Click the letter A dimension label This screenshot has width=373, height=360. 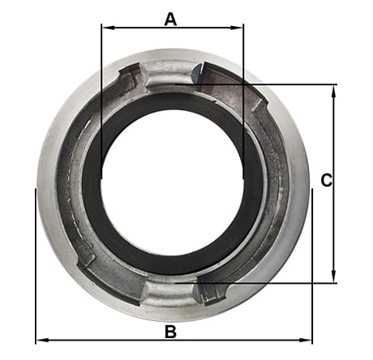pos(170,19)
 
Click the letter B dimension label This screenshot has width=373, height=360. pos(170,332)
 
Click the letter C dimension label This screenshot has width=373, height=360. pos(327,180)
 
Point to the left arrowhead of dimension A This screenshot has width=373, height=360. pos(109,28)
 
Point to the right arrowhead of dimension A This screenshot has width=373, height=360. pos(237,28)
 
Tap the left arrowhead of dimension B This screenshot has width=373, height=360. pos(43,340)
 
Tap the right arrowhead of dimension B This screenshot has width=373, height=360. pos(305,340)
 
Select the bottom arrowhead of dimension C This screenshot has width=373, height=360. pos(334,276)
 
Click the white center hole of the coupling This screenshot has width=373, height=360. pos(173,180)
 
